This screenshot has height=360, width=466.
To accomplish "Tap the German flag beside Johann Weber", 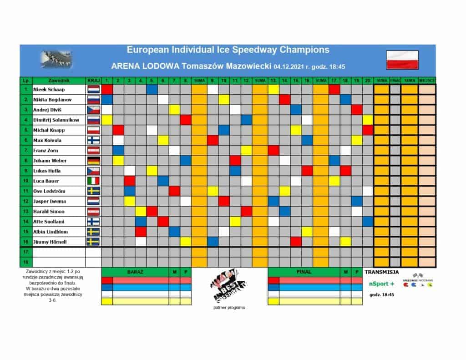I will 93,160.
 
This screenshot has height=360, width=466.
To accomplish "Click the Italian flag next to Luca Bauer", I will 93,181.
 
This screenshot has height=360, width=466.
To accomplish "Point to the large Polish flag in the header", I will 402,59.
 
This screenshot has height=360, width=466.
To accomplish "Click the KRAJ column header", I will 93,80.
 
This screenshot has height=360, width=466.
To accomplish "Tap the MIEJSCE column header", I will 427,80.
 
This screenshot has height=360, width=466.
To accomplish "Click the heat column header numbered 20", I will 368,80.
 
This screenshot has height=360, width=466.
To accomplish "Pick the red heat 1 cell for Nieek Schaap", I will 107,90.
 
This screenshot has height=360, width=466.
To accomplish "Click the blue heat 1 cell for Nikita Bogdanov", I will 107,100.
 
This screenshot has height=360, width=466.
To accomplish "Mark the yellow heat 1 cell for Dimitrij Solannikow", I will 107,120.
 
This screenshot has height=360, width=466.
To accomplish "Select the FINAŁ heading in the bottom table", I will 304,272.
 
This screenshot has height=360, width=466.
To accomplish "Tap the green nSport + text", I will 381,283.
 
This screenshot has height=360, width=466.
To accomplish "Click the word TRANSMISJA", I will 381,272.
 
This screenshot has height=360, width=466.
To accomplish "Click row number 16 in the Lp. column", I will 26,241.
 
